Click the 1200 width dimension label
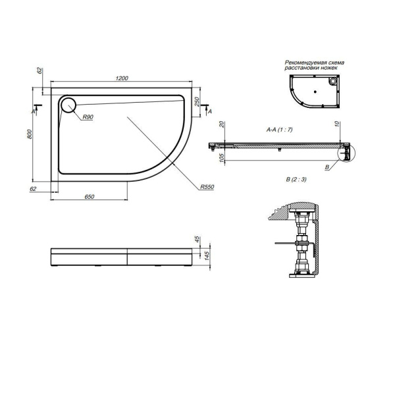121,78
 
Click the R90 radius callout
88,118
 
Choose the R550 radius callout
209,188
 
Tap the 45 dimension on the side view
197,239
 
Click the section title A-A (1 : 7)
279,130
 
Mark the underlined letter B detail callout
327,167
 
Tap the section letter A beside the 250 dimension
209,113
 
